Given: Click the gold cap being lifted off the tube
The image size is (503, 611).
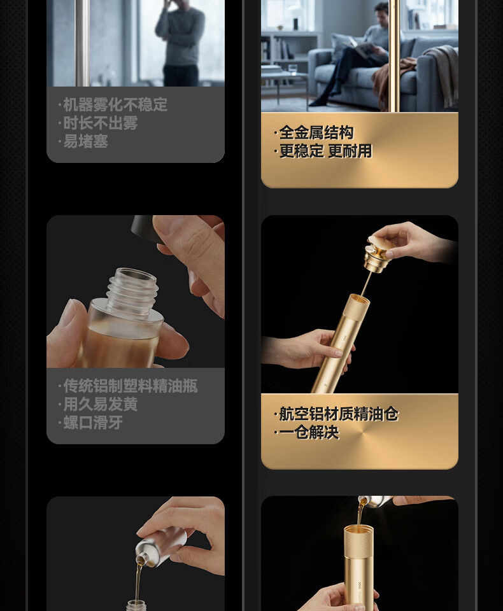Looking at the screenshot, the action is [x=377, y=253].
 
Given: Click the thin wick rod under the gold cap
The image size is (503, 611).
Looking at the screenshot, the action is [x=365, y=284].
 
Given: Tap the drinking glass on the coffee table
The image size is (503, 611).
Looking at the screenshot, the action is [x=292, y=69].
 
